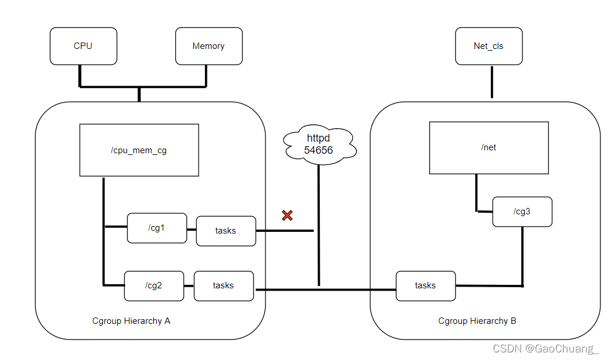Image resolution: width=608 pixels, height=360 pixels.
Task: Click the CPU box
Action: (x=83, y=46)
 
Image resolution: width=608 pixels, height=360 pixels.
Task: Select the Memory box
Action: (x=209, y=46)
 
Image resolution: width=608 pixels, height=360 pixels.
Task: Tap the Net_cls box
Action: (x=489, y=46)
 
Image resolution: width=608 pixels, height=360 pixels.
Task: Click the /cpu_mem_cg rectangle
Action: (x=139, y=150)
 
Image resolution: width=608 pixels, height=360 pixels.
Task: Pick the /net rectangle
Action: (x=489, y=148)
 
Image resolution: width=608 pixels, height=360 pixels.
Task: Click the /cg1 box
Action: (x=157, y=228)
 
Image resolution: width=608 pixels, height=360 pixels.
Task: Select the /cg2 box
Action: (x=154, y=286)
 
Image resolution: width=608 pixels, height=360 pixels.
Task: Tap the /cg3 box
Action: (x=522, y=212)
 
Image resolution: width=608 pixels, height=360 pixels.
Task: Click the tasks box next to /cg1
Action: (x=226, y=231)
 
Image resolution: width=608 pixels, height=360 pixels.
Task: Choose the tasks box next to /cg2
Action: (x=224, y=286)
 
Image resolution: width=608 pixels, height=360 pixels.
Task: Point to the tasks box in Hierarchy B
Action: (x=426, y=286)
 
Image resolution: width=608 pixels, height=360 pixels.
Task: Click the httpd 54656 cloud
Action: (x=319, y=144)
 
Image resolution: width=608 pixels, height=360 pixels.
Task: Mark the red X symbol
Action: (x=287, y=216)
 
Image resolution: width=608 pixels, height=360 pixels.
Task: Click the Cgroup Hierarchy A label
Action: (x=131, y=321)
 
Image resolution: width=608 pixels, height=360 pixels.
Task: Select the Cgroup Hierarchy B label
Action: (x=477, y=321)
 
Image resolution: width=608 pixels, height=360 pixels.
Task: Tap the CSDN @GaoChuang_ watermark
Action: (x=546, y=349)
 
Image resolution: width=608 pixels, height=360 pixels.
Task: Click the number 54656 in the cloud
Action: (x=319, y=150)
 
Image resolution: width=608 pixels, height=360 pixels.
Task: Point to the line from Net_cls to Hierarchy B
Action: (x=492, y=82)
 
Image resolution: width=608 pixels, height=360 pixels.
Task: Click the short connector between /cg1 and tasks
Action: (x=192, y=230)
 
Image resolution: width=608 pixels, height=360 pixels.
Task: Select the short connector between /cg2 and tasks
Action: (x=189, y=286)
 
